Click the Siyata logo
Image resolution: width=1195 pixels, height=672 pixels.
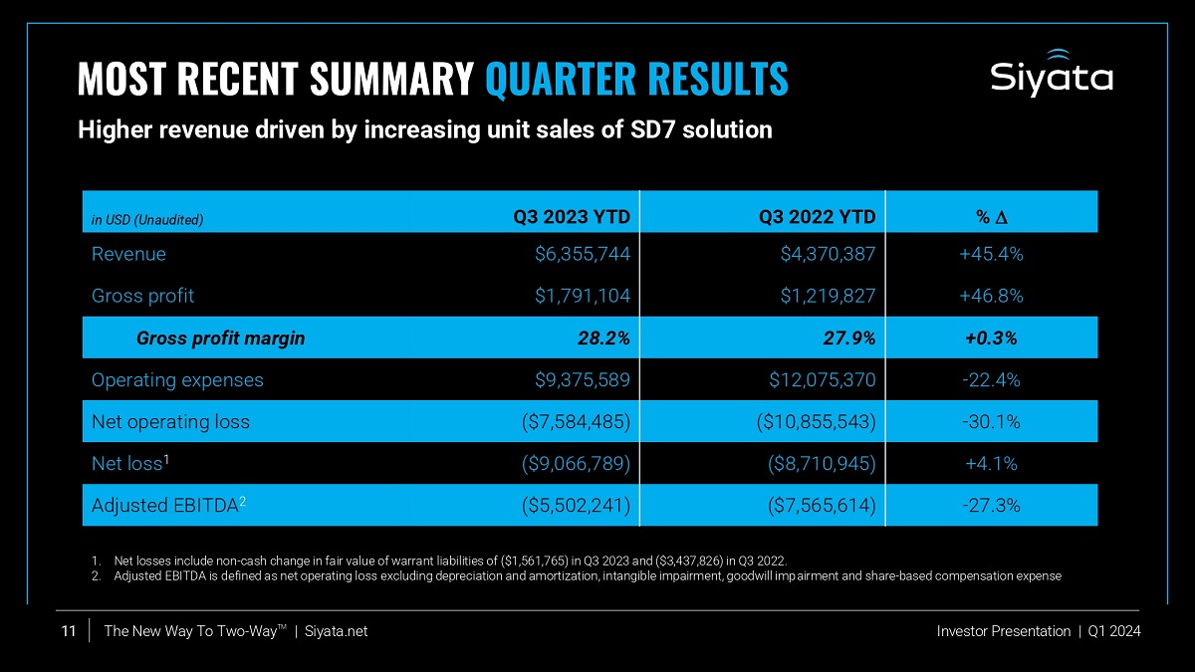[1052, 74]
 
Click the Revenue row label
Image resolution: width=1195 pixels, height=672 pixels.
[128, 254]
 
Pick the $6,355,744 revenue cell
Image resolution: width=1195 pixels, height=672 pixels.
[583, 254]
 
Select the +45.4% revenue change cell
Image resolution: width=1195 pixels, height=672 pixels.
[991, 254]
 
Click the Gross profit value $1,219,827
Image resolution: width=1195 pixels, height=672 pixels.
[828, 296]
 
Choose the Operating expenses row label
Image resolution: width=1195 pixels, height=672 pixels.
[177, 379]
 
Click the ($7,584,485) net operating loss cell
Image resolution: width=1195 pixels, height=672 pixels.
[576, 421]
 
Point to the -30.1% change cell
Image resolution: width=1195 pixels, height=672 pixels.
[991, 421]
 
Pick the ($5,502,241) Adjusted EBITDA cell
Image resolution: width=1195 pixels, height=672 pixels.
[576, 505]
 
